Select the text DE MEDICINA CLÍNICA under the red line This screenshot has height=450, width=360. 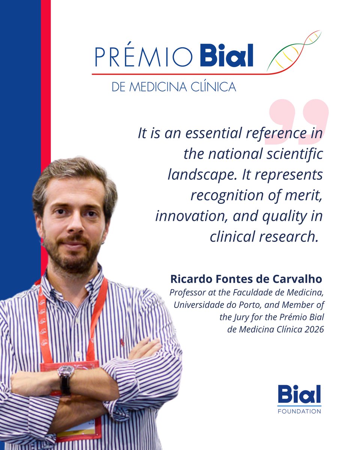(x=174, y=87)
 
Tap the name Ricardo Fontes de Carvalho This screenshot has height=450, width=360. (x=246, y=279)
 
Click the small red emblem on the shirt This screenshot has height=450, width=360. (x=122, y=342)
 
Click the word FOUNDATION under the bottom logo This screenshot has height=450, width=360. (x=299, y=411)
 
